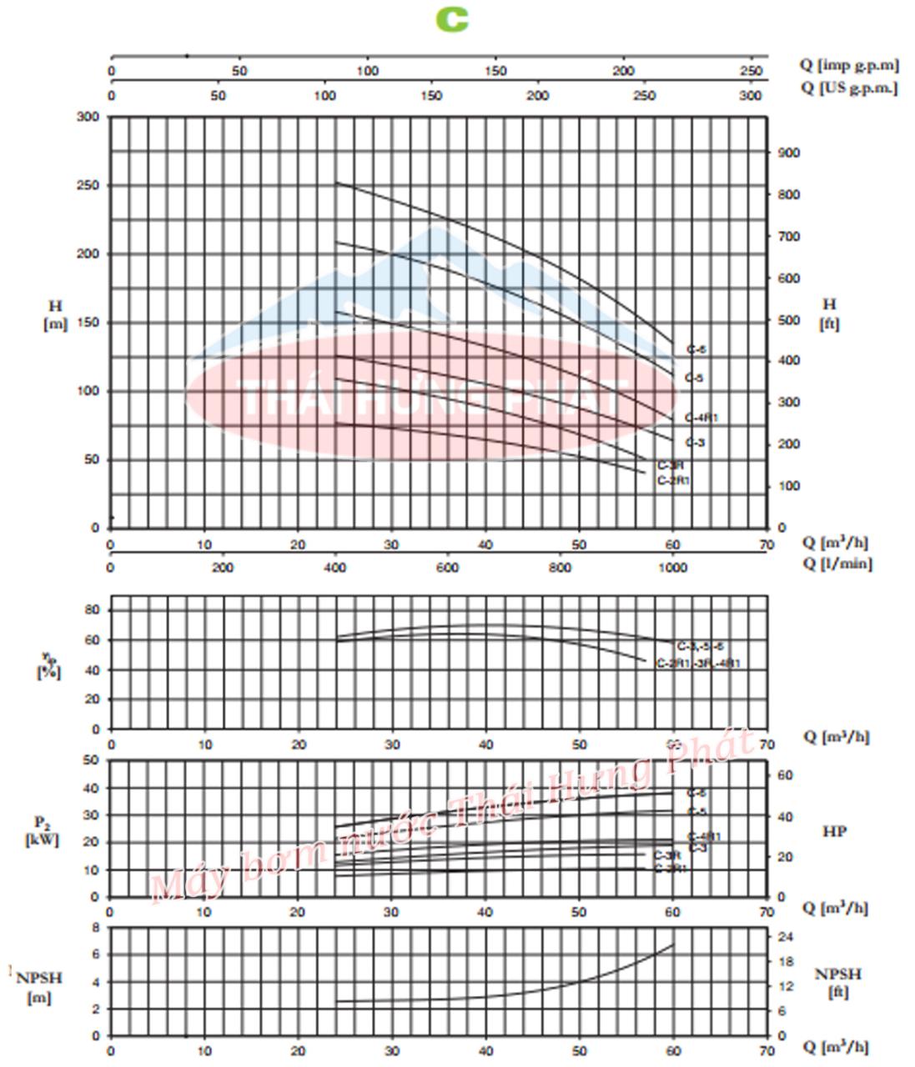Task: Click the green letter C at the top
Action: click(x=452, y=19)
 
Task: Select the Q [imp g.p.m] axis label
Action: click(x=849, y=65)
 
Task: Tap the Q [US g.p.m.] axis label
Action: click(x=849, y=88)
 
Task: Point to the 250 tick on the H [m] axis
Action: click(x=88, y=185)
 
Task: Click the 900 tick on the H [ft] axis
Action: click(x=788, y=153)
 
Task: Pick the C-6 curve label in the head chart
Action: click(x=696, y=350)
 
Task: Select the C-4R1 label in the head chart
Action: click(x=701, y=418)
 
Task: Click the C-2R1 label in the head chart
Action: click(x=674, y=480)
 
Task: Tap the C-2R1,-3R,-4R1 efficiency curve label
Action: click(x=698, y=664)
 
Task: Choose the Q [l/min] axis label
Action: click(x=837, y=564)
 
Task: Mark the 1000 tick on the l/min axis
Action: click(x=673, y=568)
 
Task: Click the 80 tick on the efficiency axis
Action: click(x=93, y=610)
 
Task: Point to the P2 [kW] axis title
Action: click(x=42, y=831)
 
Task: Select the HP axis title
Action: click(x=834, y=831)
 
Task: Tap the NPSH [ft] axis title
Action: click(x=838, y=983)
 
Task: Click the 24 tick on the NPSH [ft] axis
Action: click(x=785, y=936)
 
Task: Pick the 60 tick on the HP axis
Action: click(x=785, y=775)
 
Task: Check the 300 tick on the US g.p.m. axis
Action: click(x=751, y=96)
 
